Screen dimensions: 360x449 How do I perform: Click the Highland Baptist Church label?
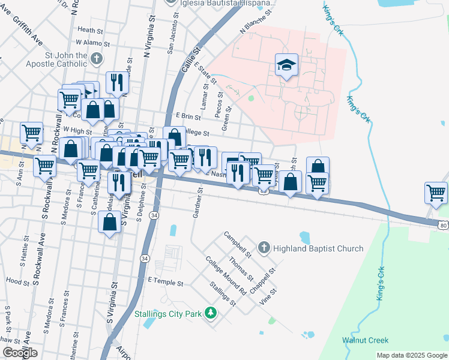[318, 248]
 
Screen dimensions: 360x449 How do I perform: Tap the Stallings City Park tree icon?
[210, 313]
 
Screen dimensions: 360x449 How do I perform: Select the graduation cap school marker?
[287, 65]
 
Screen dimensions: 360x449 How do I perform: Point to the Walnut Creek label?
[365, 340]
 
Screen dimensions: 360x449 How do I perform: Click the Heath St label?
[91, 29]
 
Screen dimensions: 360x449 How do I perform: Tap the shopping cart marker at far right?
[436, 193]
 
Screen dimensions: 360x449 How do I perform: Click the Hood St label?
[17, 281]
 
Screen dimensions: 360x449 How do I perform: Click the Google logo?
[20, 353]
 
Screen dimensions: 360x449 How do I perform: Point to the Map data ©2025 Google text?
[412, 355]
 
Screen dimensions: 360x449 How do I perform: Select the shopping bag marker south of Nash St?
[109, 223]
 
